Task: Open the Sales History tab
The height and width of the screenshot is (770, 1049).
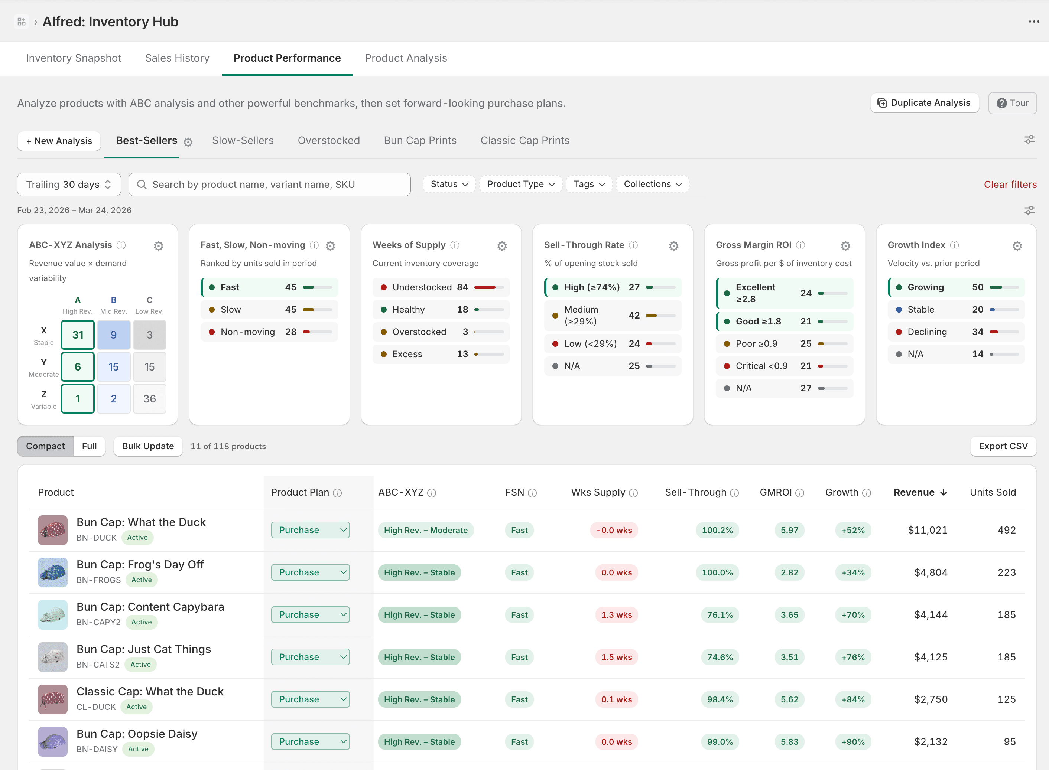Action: [177, 58]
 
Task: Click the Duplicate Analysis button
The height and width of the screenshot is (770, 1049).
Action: [924, 103]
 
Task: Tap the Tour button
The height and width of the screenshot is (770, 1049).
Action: [1012, 103]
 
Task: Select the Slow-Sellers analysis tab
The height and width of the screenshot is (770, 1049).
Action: [243, 141]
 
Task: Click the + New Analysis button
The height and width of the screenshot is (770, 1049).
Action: [59, 141]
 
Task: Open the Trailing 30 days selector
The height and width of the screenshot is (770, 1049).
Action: [69, 185]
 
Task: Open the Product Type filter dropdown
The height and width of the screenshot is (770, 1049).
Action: [520, 184]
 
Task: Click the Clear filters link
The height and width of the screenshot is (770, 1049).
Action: [1010, 185]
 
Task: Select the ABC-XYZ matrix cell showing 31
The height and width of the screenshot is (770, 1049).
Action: [78, 335]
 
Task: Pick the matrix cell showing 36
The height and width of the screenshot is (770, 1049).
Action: [149, 398]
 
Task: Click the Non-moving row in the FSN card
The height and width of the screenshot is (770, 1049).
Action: [269, 332]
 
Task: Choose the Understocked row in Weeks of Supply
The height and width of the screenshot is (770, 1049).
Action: [441, 287]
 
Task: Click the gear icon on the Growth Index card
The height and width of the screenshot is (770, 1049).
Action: [1017, 246]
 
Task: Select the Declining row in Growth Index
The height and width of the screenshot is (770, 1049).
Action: [956, 332]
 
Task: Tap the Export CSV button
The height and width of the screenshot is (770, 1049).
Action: [1003, 446]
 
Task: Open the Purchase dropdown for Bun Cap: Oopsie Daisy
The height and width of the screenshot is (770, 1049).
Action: [310, 741]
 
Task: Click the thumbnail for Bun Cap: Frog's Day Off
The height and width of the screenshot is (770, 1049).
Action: [53, 572]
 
